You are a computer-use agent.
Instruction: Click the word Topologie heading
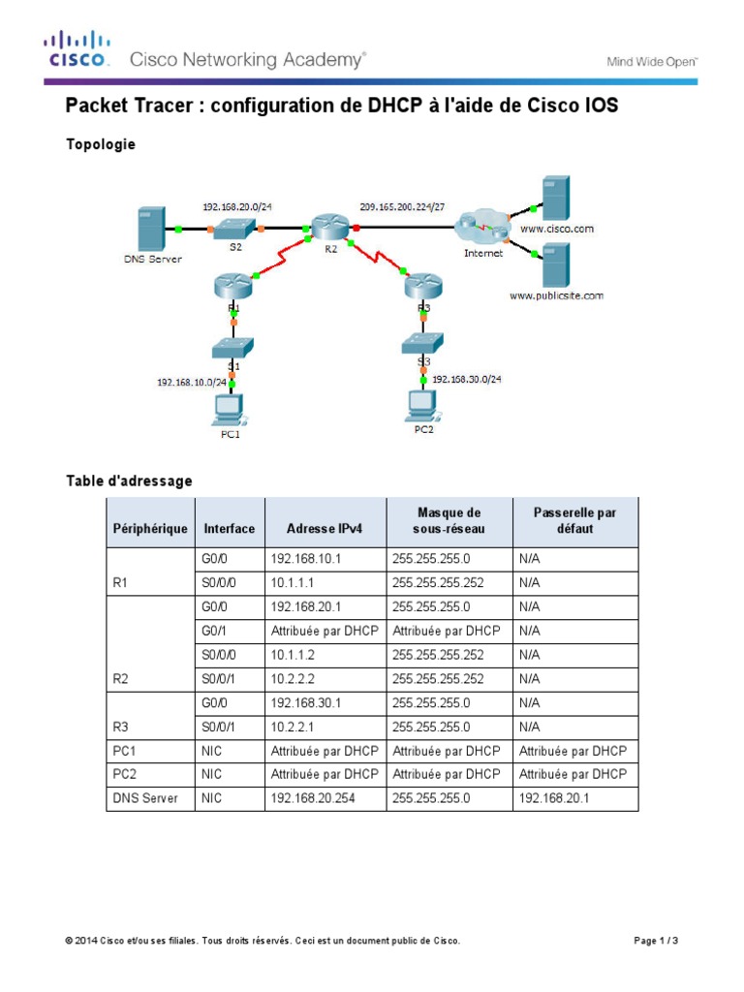tap(100, 144)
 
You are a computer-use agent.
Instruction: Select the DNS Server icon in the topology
tap(151, 228)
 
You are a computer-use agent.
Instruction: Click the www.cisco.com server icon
tap(556, 198)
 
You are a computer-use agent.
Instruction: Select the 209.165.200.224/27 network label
tap(402, 206)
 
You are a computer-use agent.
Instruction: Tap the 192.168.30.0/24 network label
tap(468, 381)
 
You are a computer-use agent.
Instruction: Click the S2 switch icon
tap(235, 228)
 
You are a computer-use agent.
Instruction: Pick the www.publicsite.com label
tap(557, 295)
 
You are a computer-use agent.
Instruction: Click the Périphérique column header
tap(150, 528)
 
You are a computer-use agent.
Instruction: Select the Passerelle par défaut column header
tap(574, 521)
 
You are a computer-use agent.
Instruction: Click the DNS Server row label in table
tap(145, 798)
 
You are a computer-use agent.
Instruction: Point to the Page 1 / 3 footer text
tap(655, 941)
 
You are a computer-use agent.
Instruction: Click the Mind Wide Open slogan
tap(651, 61)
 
